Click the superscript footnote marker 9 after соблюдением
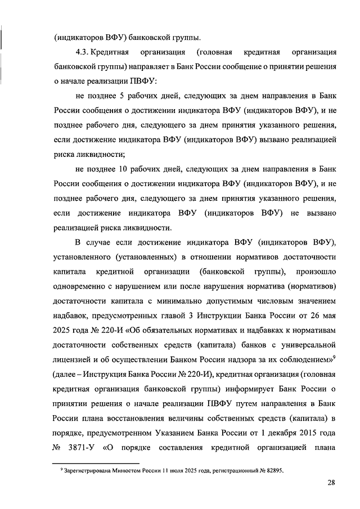334,356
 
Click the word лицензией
75,359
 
